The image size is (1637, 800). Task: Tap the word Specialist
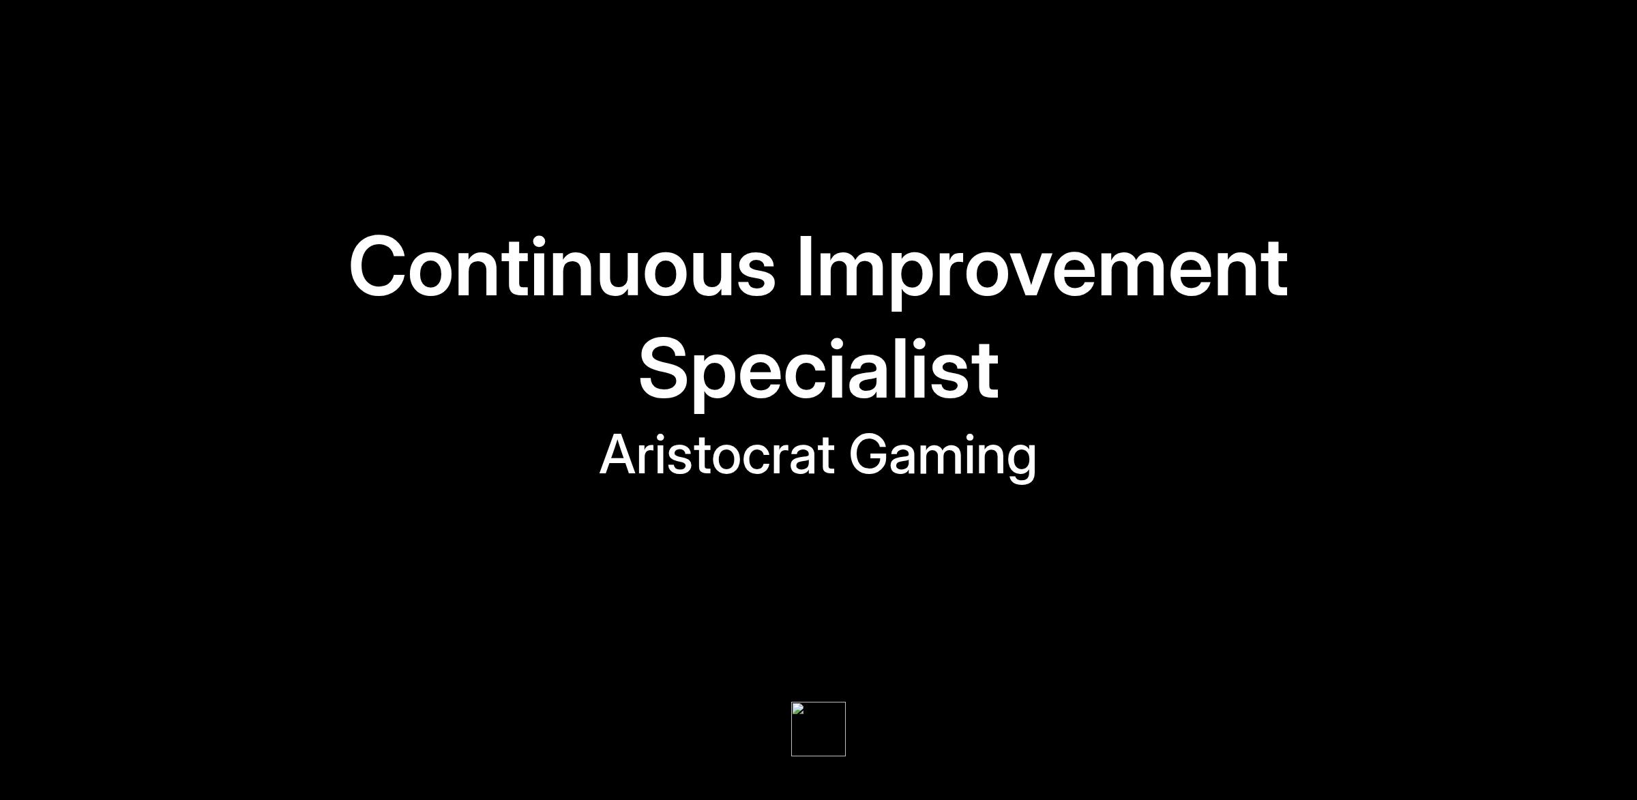(x=818, y=372)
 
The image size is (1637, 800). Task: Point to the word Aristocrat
(x=716, y=454)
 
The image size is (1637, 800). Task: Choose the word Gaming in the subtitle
(x=943, y=457)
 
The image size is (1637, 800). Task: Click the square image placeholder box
(x=818, y=729)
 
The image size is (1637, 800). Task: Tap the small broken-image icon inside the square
(x=798, y=709)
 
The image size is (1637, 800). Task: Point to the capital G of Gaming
(x=870, y=454)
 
